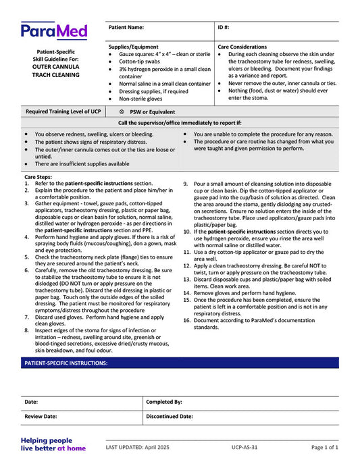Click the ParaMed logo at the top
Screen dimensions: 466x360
54,30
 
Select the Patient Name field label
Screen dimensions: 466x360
126,28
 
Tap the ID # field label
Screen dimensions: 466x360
224,28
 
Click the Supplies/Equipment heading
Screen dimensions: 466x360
134,47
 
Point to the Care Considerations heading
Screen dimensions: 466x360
242,47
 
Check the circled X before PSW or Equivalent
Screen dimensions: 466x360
122,112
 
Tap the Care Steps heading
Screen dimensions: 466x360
38,177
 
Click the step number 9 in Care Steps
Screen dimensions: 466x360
186,184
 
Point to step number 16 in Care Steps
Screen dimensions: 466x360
188,320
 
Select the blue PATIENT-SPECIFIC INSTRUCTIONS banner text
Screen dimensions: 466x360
66,363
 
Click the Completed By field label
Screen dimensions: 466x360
164,402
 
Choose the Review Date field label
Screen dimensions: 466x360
41,417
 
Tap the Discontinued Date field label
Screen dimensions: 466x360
170,417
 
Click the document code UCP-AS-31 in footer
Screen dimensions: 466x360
246,447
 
